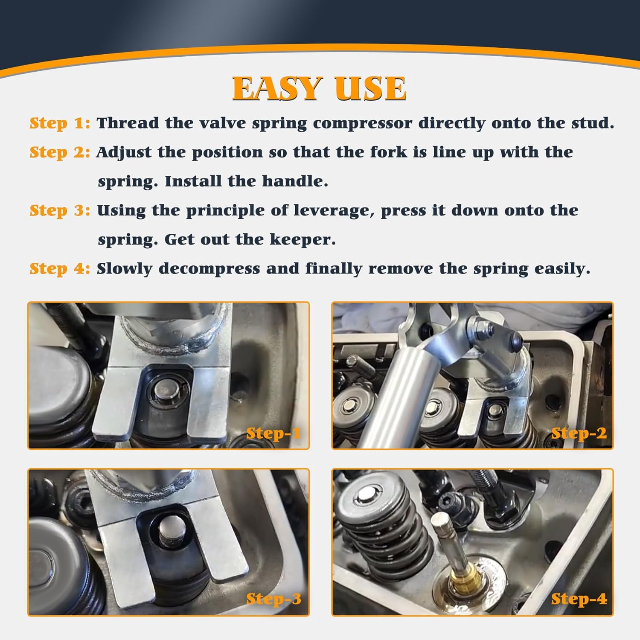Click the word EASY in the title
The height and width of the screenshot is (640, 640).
[277, 89]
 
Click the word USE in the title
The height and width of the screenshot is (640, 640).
[370, 89]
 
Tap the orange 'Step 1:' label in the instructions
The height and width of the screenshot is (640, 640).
[60, 123]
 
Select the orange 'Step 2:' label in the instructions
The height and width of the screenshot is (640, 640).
[60, 152]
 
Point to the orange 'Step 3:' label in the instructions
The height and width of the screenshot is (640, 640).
[60, 210]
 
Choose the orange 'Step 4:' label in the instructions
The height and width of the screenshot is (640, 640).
[60, 269]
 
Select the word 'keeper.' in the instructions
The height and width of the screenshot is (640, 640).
[303, 239]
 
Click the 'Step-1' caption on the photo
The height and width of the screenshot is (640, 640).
[273, 433]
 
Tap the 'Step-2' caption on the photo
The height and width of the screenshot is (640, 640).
[579, 433]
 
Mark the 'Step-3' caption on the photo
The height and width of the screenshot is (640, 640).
[273, 599]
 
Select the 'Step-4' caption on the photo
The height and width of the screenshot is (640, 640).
[579, 599]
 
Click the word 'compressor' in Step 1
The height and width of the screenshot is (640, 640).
[362, 123]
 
